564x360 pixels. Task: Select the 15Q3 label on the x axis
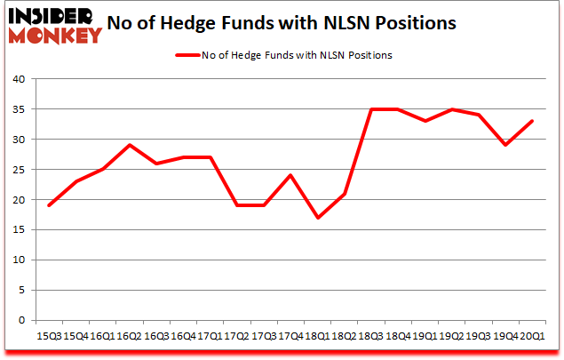[50, 336]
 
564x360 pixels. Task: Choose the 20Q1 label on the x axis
[533, 336]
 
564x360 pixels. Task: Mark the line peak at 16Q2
[130, 145]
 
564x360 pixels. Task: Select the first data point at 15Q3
[50, 205]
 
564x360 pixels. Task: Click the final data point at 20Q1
[533, 121]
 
